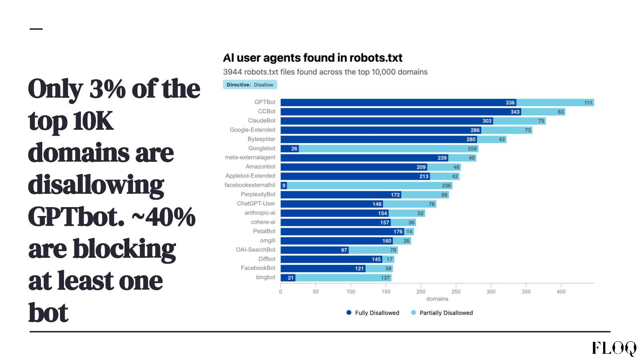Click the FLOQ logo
(x=614, y=348)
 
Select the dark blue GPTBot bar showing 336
(x=398, y=103)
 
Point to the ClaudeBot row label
(x=262, y=120)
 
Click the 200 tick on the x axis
(x=421, y=292)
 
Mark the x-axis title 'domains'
(x=437, y=299)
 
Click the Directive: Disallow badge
(x=250, y=84)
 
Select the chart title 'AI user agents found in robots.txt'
(x=312, y=58)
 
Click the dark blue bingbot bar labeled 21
(x=288, y=278)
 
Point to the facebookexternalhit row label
(x=250, y=185)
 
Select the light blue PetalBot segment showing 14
(x=409, y=232)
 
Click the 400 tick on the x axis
(x=561, y=292)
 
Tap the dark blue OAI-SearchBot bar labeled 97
(x=315, y=250)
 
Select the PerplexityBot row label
(x=258, y=194)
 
